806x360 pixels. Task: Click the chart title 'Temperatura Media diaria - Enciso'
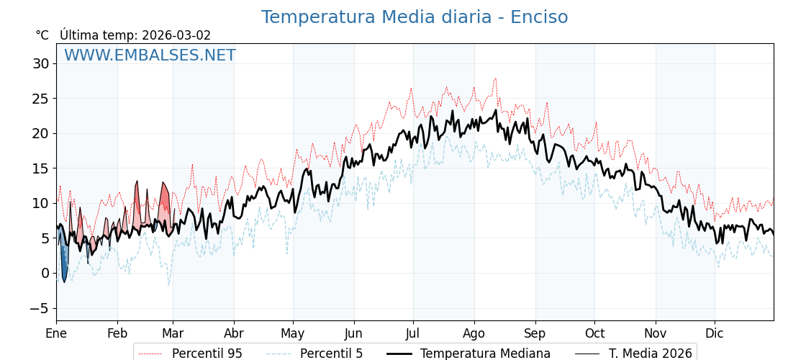coord(414,17)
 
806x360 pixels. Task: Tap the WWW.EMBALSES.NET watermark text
coord(150,55)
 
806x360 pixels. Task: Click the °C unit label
coord(42,35)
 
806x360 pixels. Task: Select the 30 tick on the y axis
coord(40,63)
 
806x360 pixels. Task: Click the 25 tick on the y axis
coord(40,99)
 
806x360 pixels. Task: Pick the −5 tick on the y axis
coord(39,308)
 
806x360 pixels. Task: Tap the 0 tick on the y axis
coord(45,273)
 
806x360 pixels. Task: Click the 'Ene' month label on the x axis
coord(56,333)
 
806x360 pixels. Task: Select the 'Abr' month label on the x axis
coord(234,333)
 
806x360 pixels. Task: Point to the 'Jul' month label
coord(413,333)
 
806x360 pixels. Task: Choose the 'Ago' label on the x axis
coord(474,333)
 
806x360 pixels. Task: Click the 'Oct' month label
coord(594,333)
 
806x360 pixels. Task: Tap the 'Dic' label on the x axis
coord(715,333)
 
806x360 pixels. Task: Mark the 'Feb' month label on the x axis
coord(117,333)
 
